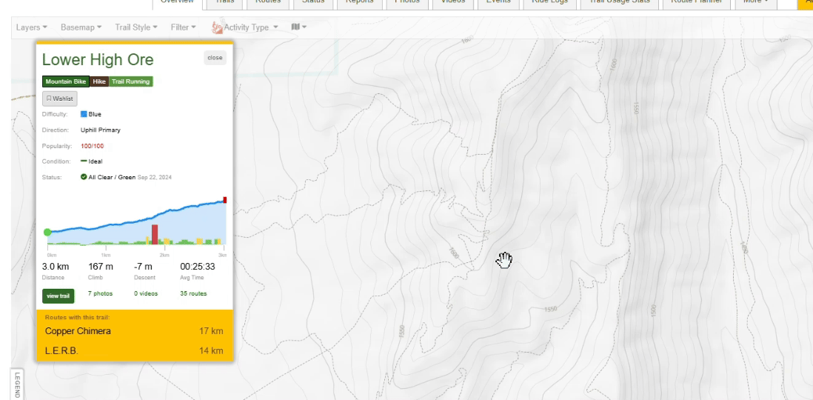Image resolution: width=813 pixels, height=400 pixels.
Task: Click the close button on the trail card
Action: click(x=215, y=58)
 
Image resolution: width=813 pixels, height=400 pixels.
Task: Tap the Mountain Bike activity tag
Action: click(x=66, y=81)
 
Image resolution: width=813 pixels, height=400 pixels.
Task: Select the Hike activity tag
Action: click(x=99, y=81)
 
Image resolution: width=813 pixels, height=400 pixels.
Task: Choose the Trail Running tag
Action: click(x=131, y=81)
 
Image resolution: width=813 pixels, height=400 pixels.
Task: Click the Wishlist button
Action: click(x=60, y=99)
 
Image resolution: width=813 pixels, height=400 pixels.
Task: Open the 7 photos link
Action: click(x=100, y=294)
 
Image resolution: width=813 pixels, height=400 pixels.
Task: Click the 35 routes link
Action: click(x=193, y=294)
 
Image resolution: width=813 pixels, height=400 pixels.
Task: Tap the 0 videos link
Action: click(x=146, y=294)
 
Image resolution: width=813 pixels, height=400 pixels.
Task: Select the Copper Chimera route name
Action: click(x=78, y=331)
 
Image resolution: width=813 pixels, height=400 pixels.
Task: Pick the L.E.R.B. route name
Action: click(x=61, y=351)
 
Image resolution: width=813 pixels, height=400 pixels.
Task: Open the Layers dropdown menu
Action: click(x=31, y=27)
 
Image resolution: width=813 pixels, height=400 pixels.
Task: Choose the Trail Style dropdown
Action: click(x=136, y=27)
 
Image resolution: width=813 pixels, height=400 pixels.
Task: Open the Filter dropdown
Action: click(x=183, y=27)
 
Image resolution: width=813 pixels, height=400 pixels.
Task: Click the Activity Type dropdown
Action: click(x=247, y=27)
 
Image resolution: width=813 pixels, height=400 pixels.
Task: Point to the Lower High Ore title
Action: click(x=98, y=60)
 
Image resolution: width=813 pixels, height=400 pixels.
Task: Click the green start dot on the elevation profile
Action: click(x=48, y=233)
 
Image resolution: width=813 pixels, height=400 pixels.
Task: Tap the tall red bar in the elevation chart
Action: click(x=155, y=234)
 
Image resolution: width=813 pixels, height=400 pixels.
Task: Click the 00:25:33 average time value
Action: click(x=198, y=267)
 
